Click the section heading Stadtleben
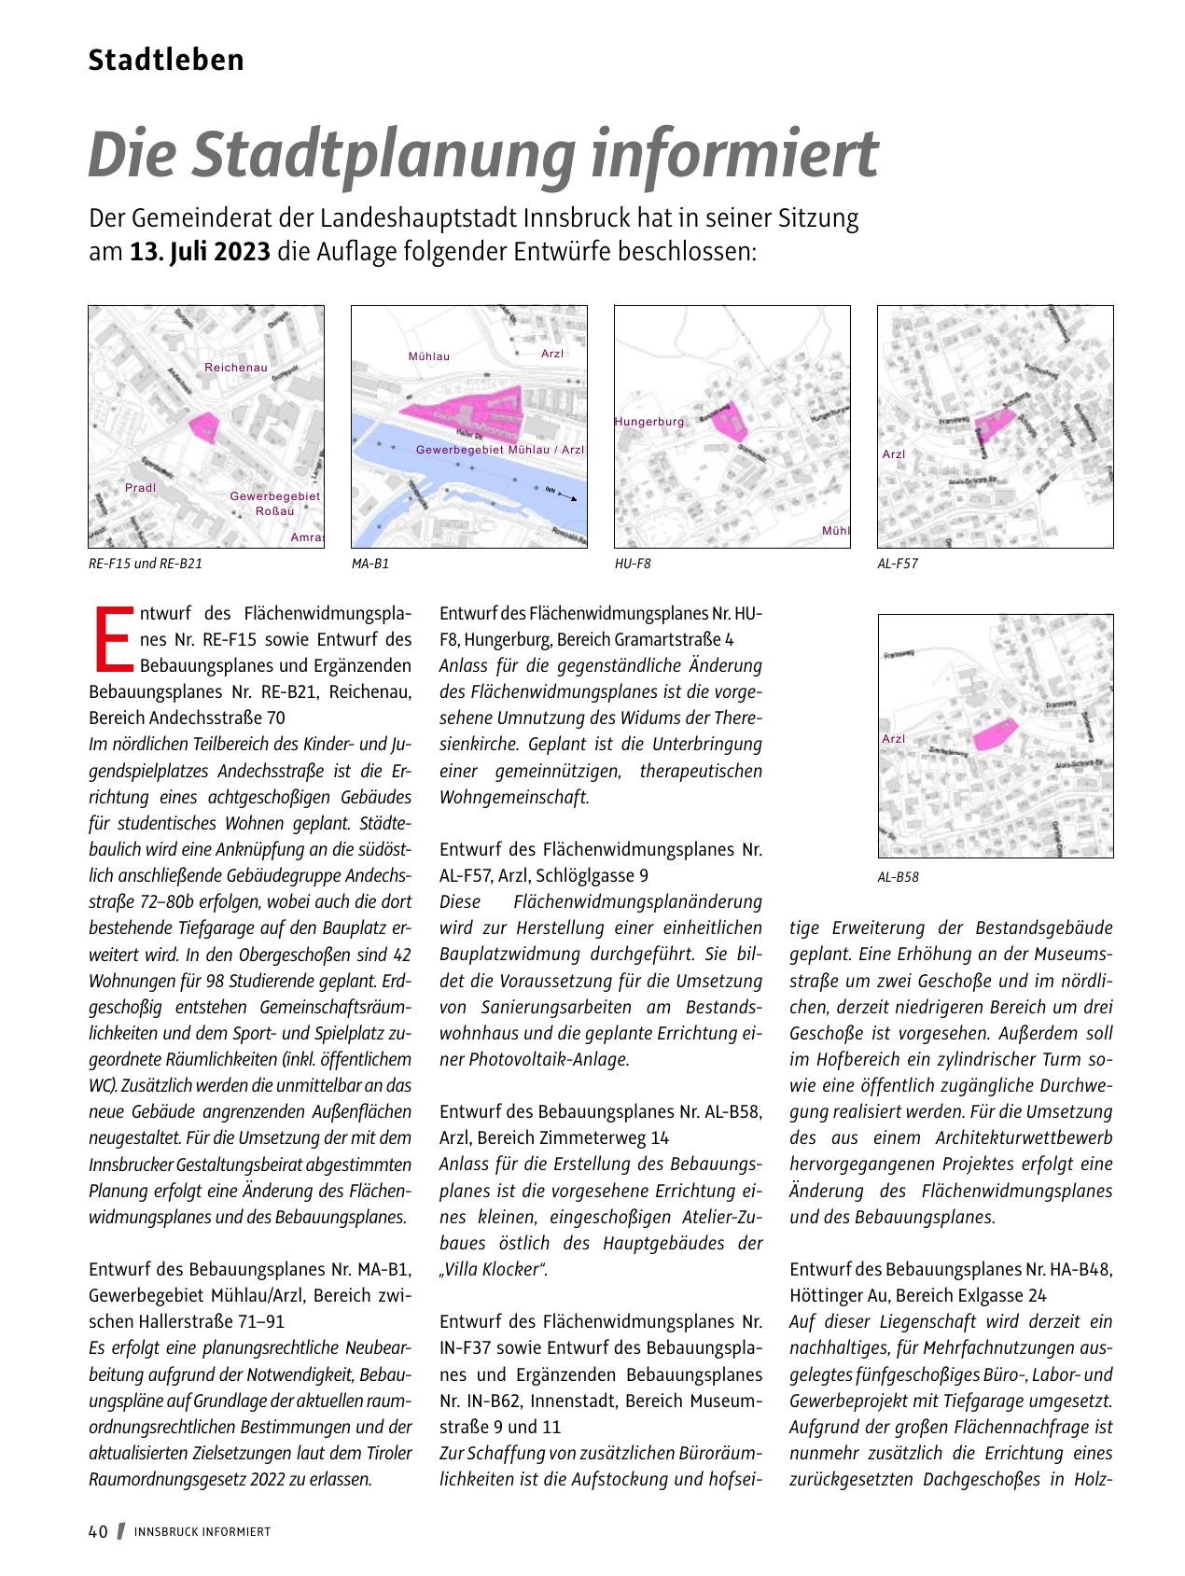pyautogui.click(x=166, y=61)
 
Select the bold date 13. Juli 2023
pyautogui.click(x=200, y=253)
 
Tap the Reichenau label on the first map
pyautogui.click(x=235, y=368)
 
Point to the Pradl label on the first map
pyautogui.click(x=140, y=488)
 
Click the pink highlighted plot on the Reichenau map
pyautogui.click(x=203, y=426)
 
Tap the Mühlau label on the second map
pyautogui.click(x=429, y=356)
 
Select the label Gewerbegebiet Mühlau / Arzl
pyautogui.click(x=499, y=450)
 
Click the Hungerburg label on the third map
pyautogui.click(x=649, y=422)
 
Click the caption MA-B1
pyautogui.click(x=369, y=564)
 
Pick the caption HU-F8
pyautogui.click(x=632, y=564)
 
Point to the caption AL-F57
pyautogui.click(x=897, y=564)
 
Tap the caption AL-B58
pyautogui.click(x=898, y=876)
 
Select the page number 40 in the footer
pyautogui.click(x=98, y=1531)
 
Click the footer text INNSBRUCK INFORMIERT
pyautogui.click(x=202, y=1532)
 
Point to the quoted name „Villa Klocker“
pyautogui.click(x=493, y=1269)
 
